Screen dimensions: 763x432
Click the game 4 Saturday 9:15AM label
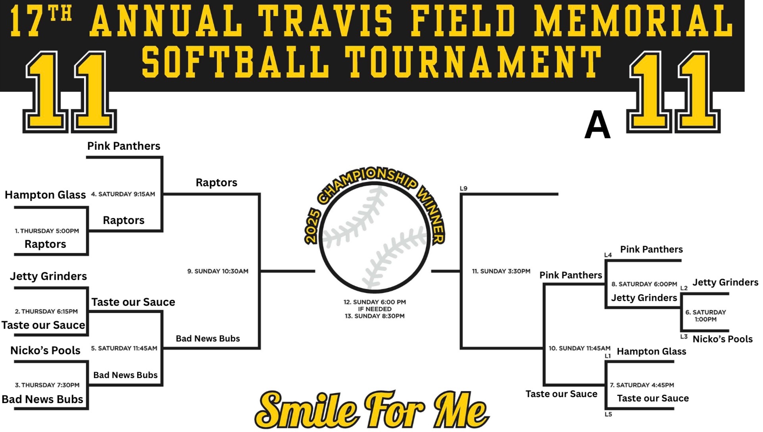tap(123, 194)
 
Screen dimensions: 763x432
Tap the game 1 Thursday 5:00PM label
tap(47, 231)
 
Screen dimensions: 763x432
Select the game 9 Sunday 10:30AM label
tap(218, 271)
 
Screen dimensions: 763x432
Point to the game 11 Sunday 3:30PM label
tap(501, 271)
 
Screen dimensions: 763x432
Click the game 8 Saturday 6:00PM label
tap(644, 284)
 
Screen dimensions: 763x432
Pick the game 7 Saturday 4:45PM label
tap(642, 385)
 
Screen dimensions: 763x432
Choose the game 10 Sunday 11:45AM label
tap(580, 348)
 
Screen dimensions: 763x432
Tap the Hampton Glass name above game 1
tap(45, 195)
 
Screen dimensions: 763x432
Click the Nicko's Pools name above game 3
tap(45, 350)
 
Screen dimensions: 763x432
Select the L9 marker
tap(463, 188)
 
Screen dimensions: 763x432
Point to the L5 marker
tap(608, 414)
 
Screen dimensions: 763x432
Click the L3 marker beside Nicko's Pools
tap(684, 336)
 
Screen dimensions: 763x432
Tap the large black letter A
tap(597, 125)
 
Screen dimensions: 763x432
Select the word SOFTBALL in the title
tap(236, 62)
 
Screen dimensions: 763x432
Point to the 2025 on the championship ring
tap(312, 226)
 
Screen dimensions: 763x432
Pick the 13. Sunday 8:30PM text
tap(375, 316)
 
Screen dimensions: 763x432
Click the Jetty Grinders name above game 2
tap(48, 276)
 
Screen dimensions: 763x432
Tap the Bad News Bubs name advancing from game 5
tap(208, 339)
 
